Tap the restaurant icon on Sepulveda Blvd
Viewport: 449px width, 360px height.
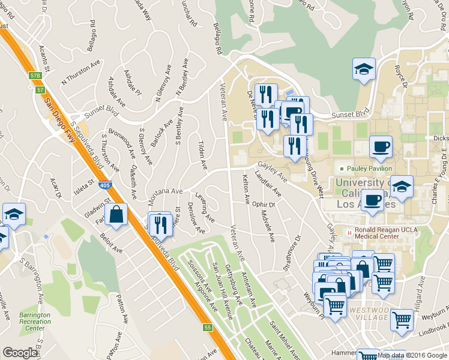[x=160, y=224]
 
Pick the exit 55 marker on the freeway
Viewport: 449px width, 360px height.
[x=207, y=328]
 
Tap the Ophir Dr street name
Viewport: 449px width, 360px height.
[x=263, y=205]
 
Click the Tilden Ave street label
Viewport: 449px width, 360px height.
[x=203, y=155]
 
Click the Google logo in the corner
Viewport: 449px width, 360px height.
[x=20, y=353]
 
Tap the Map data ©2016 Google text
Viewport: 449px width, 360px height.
[x=412, y=355]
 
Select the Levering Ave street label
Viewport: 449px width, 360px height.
[x=205, y=206]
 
